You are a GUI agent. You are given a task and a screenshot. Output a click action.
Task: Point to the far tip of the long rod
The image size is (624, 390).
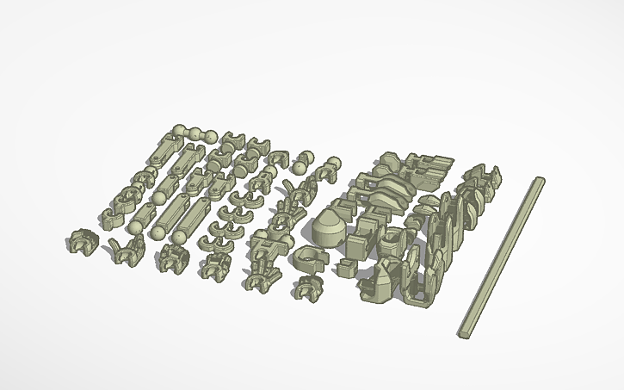540,180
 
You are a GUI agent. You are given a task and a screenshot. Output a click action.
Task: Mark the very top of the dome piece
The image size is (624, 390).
328,212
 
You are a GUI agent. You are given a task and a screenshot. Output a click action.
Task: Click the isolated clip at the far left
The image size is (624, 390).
81,242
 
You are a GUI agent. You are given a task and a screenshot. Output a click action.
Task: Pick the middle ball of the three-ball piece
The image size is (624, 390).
195,133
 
